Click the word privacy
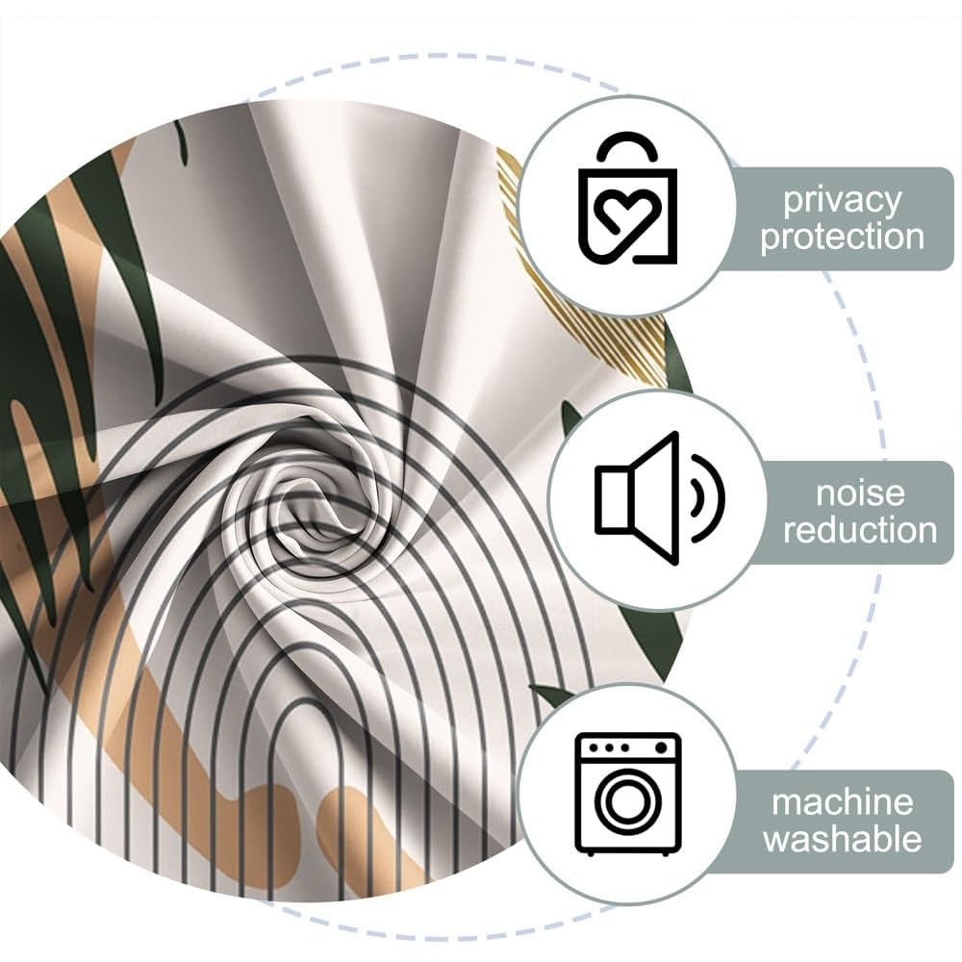coord(842,201)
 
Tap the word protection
coord(842,237)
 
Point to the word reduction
coord(860,530)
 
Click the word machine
coord(843,802)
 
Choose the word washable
coord(843,839)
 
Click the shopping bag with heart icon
coord(627,197)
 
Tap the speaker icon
coord(660,498)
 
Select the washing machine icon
coord(627,794)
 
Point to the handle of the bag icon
coord(627,147)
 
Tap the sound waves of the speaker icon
coord(709,498)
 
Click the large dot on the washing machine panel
coord(661,747)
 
